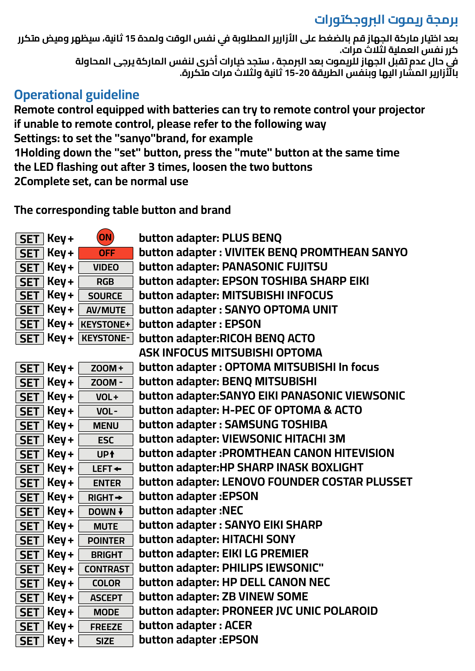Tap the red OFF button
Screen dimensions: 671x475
106,253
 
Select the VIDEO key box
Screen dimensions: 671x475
106,267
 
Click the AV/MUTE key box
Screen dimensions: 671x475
106,310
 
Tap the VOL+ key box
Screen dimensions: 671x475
106,397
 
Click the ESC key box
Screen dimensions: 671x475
106,440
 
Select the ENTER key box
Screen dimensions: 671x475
106,483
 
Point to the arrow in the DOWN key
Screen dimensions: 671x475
121,512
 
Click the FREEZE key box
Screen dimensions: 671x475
106,627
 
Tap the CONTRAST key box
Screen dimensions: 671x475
106,569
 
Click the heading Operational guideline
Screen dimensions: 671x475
77,95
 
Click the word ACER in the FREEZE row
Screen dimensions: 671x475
238,625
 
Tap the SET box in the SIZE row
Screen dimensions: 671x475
29,641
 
